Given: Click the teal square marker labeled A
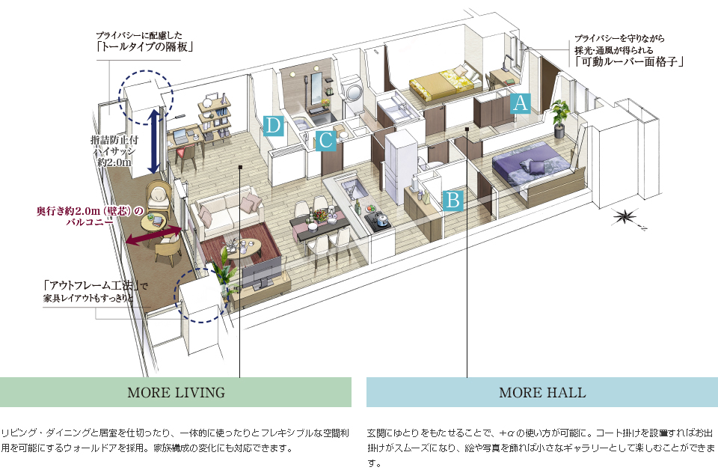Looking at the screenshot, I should [x=521, y=103].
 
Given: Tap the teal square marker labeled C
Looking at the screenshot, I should [x=325, y=140].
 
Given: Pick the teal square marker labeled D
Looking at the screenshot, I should [x=274, y=125].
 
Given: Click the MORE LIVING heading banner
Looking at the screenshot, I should [x=176, y=392].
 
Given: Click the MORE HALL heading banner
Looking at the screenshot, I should [x=542, y=392].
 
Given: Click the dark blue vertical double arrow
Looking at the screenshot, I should [x=153, y=140].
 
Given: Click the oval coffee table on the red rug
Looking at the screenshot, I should [x=245, y=248].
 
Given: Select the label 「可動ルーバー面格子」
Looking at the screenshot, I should [x=631, y=63].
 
